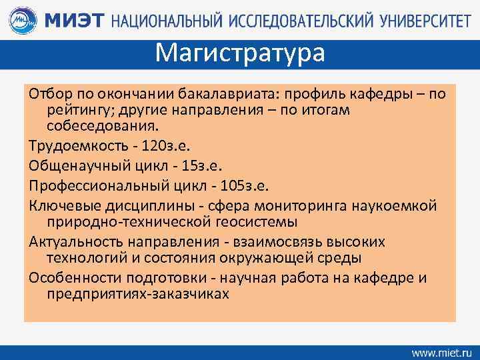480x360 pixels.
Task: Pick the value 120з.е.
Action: (157, 144)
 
